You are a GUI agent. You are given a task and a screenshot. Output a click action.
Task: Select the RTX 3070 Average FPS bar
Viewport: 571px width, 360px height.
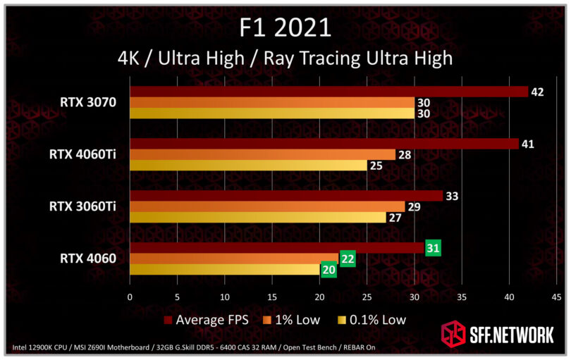click(x=329, y=92)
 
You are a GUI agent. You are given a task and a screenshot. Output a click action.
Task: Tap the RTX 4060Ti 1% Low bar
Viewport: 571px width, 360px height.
click(x=262, y=154)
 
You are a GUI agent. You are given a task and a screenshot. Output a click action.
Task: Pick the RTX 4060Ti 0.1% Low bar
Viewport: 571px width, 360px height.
click(x=248, y=166)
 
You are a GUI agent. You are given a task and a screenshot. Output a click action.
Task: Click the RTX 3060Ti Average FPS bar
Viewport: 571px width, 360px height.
click(x=285, y=196)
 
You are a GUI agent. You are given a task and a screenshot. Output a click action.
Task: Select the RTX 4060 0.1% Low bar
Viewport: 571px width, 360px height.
click(x=224, y=269)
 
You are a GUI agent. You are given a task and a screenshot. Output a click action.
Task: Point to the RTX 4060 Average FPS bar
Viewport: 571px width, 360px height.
click(x=277, y=247)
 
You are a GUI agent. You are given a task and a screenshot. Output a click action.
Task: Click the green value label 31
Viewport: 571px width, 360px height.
click(x=433, y=248)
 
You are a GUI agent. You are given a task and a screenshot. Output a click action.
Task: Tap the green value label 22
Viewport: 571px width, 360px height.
click(x=348, y=259)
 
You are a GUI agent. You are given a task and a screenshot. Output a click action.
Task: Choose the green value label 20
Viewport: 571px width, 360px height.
click(x=329, y=270)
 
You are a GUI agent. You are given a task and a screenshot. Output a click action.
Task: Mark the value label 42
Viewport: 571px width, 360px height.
click(x=536, y=92)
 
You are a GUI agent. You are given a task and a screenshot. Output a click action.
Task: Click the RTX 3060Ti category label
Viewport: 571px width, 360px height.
click(x=82, y=206)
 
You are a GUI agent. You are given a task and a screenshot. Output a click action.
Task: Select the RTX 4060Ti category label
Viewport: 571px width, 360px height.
click(x=82, y=154)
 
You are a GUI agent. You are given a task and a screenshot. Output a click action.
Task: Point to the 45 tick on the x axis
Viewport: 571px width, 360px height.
click(x=556, y=297)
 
